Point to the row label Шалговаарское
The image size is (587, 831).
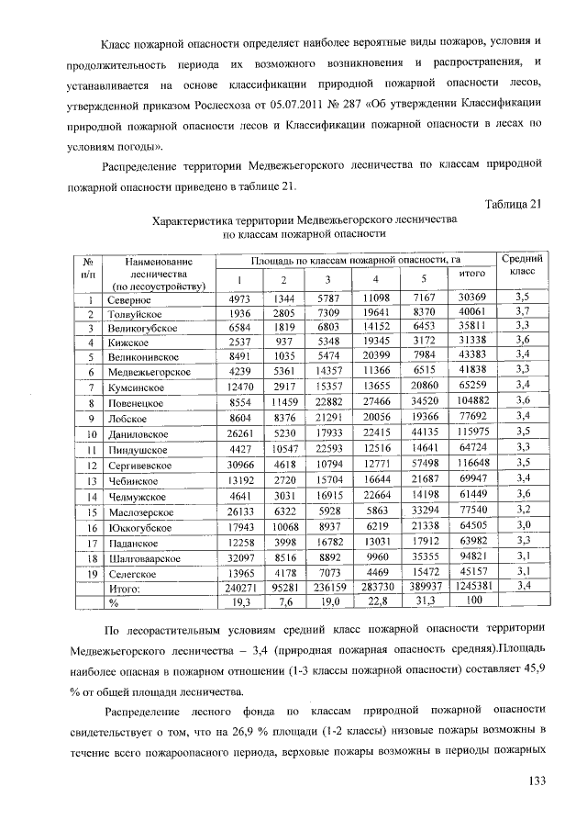tap(147, 556)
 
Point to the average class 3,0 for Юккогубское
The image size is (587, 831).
tap(523, 527)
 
